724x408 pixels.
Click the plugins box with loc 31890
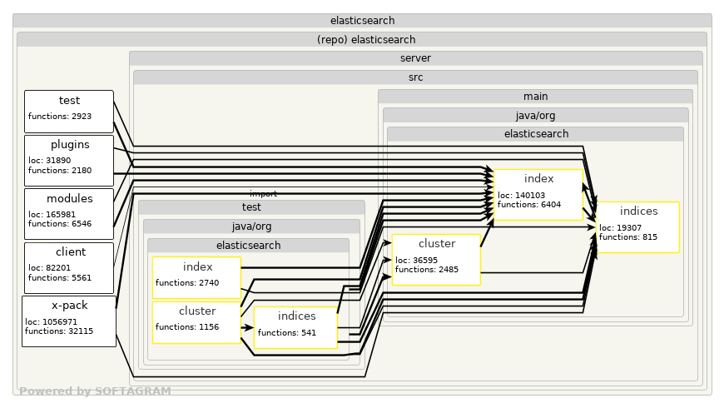[x=69, y=160]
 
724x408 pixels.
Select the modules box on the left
[x=69, y=213]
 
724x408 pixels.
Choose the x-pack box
[x=69, y=321]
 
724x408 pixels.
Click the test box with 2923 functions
[x=69, y=112]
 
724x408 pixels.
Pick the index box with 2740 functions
[x=196, y=277]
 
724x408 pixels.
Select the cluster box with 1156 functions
[x=196, y=322]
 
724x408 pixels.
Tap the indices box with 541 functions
[x=295, y=327]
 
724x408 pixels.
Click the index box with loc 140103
[x=538, y=195]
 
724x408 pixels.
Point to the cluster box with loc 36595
[x=436, y=259]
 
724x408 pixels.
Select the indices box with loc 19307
[x=638, y=226]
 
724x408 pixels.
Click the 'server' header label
[x=415, y=58]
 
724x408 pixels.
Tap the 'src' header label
[x=415, y=77]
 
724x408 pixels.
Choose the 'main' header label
[x=535, y=97]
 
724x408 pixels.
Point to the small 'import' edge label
[x=263, y=193]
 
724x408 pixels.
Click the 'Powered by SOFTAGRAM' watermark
[x=95, y=391]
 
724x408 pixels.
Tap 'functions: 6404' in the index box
[x=529, y=204]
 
